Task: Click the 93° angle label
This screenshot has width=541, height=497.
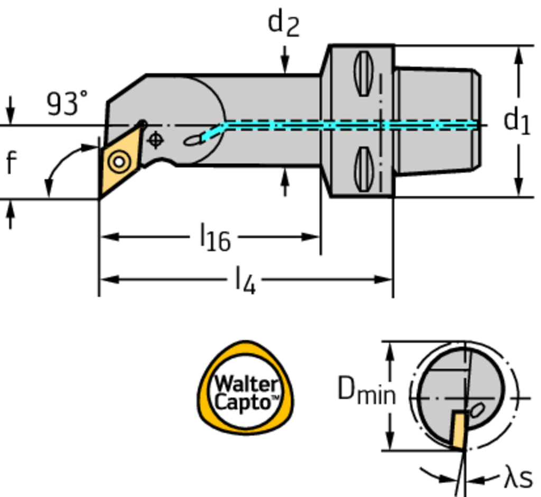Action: coord(67,103)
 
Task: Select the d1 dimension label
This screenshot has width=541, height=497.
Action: coord(517,122)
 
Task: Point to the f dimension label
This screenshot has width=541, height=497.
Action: coord(11,162)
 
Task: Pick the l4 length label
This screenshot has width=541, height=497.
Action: coord(245,281)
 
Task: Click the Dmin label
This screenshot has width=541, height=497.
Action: coord(366,391)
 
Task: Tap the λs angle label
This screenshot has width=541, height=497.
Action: coord(517,478)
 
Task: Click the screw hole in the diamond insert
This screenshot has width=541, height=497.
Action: coord(119,161)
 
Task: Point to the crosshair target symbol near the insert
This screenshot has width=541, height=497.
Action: coord(155,140)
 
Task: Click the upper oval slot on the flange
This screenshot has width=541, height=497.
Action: coord(362,73)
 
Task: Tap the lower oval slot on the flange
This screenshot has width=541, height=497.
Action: coord(362,169)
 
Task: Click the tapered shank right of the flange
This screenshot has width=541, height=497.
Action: coord(437,120)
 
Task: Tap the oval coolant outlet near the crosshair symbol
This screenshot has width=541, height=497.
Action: coord(192,140)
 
